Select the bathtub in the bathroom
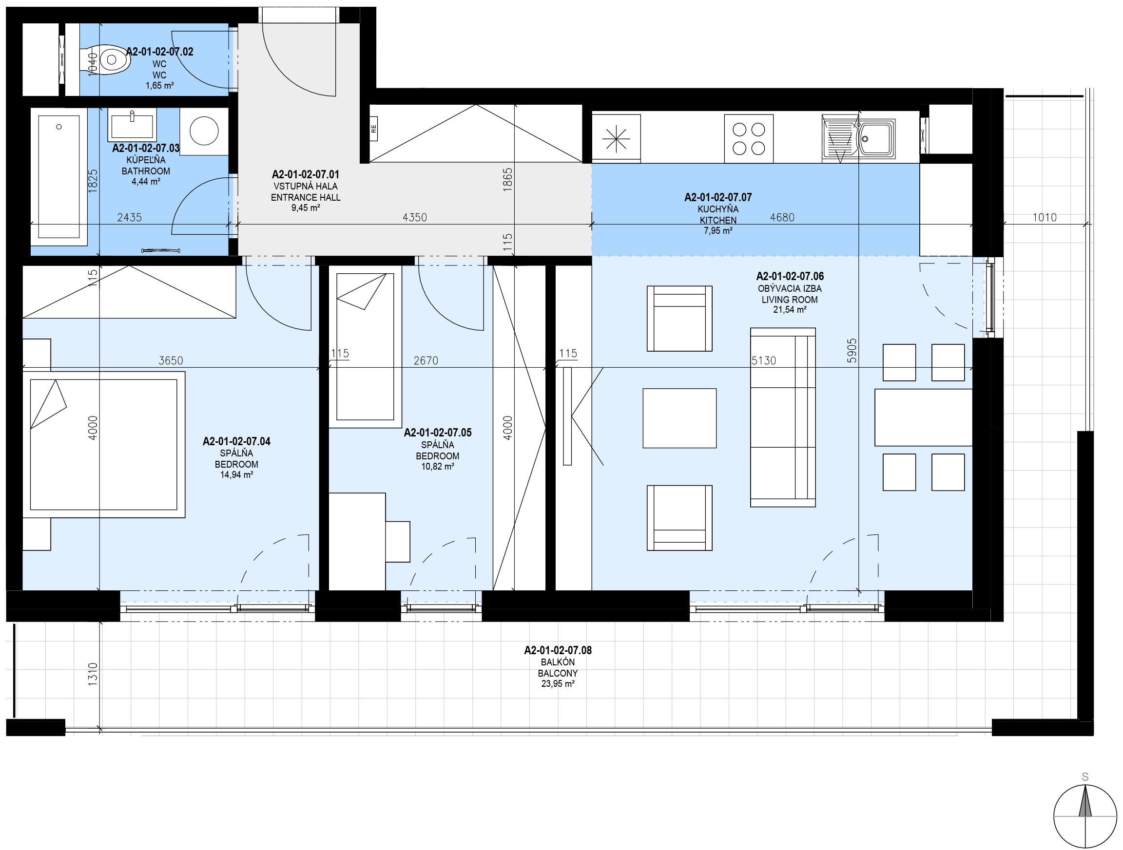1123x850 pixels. [59, 177]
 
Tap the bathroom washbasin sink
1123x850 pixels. [132, 125]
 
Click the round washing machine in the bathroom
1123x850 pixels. [204, 131]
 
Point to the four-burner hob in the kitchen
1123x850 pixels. [749, 138]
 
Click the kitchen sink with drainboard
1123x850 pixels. [858, 138]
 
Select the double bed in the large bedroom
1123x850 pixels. [103, 445]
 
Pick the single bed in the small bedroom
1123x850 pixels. [365, 347]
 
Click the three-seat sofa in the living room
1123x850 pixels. [783, 417]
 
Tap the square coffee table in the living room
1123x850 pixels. [679, 418]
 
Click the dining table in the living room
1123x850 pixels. [923, 417]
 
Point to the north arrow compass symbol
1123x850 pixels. [1085, 816]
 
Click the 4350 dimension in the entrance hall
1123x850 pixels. [415, 217]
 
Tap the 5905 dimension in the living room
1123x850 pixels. [852, 351]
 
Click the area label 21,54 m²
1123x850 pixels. [790, 309]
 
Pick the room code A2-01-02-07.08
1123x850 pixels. [558, 650]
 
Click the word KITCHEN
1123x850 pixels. [718, 220]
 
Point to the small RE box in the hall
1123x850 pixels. [374, 129]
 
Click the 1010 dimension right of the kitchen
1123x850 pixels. [1045, 217]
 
